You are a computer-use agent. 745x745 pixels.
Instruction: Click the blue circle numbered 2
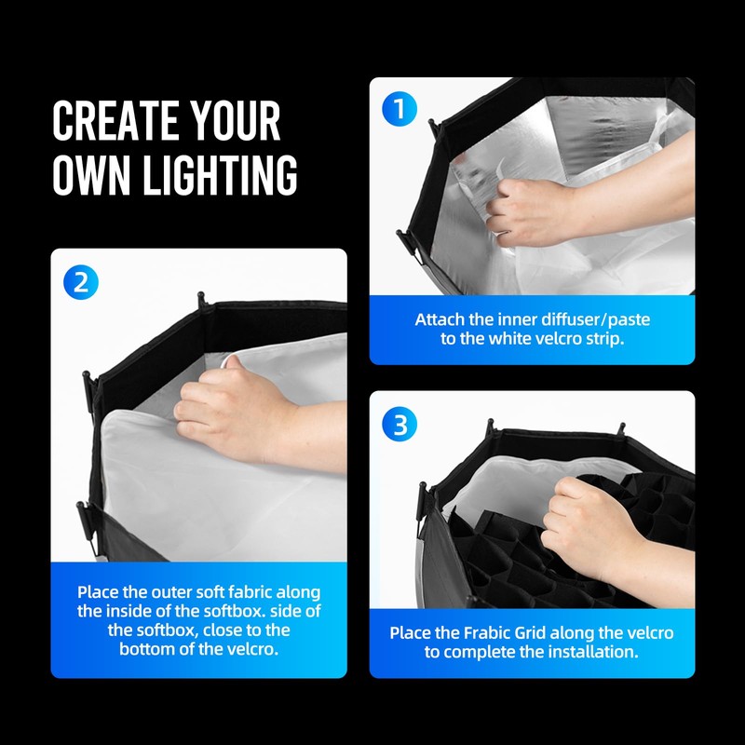[x=81, y=282]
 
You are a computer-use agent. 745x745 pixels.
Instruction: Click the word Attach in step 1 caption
[x=440, y=319]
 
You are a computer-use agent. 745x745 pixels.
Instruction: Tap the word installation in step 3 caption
[x=588, y=652]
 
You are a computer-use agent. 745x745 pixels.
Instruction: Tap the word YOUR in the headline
[x=233, y=122]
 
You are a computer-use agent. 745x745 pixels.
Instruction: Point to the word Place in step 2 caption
[x=99, y=592]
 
